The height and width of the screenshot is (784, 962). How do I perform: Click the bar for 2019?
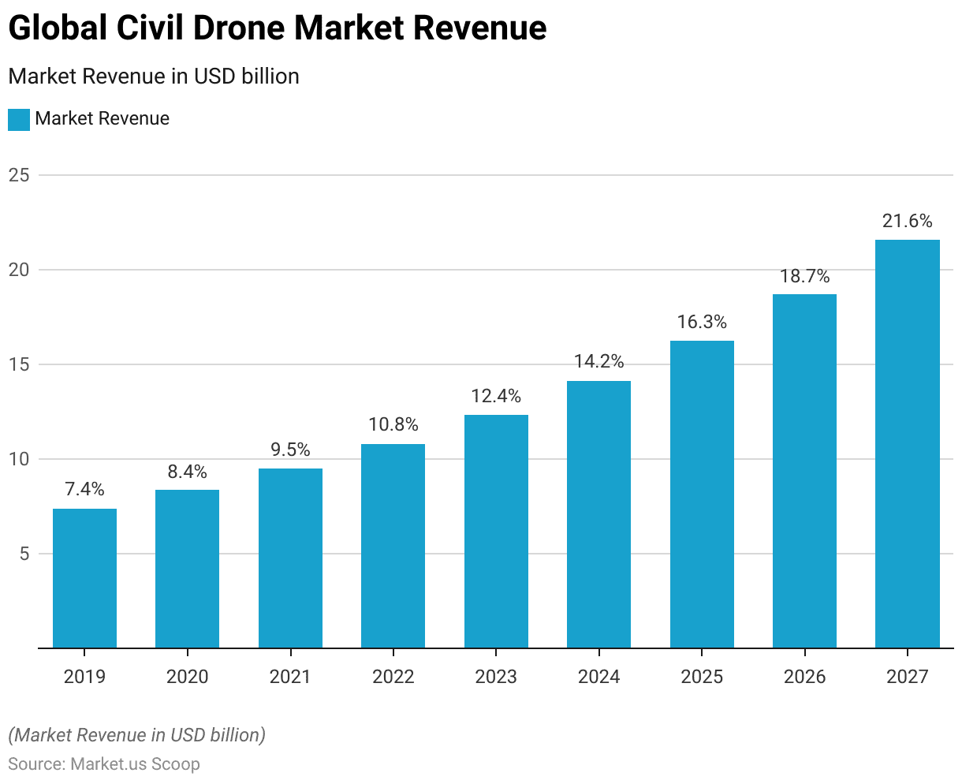[84, 578]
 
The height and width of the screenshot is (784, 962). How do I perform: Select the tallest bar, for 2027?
[907, 444]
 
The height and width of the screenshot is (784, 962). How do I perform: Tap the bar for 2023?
[496, 532]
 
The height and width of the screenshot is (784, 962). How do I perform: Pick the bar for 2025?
[702, 495]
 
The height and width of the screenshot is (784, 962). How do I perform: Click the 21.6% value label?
[907, 221]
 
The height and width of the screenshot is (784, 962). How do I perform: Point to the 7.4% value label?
[84, 489]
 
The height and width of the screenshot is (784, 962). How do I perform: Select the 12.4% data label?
[496, 396]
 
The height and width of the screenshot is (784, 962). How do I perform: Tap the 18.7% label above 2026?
[804, 276]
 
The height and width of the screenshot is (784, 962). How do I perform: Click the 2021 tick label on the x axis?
[290, 677]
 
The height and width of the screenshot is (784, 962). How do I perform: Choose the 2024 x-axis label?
[598, 677]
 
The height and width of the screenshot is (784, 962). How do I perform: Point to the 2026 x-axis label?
[804, 677]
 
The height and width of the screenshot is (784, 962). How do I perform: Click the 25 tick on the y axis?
[19, 175]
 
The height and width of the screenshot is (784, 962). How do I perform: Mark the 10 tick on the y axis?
[19, 459]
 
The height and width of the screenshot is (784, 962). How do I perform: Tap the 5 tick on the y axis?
[24, 554]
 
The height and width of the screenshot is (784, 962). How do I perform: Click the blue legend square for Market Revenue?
[19, 119]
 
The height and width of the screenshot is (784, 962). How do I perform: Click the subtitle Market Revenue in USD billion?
[154, 77]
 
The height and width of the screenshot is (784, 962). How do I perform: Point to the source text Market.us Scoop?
[135, 764]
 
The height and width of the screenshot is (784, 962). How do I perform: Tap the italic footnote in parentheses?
[136, 735]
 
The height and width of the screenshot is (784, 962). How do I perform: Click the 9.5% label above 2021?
[290, 450]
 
